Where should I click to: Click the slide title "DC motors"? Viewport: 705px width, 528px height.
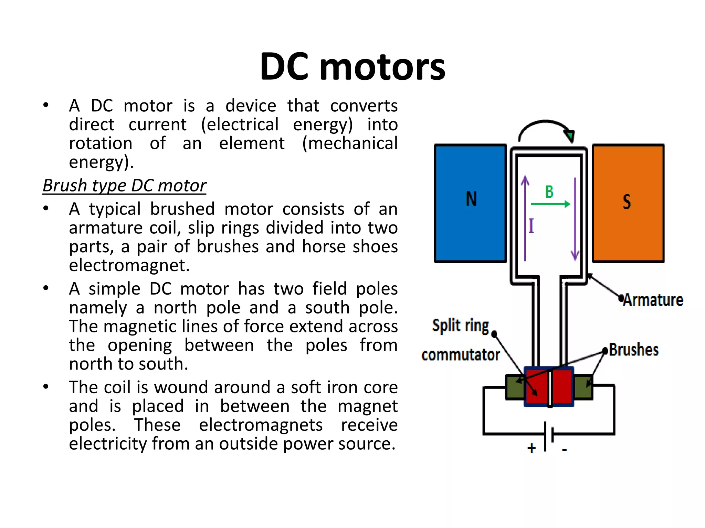coord(352,66)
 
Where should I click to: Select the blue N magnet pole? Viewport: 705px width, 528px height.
coord(470,203)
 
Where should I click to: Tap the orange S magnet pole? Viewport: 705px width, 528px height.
coord(628,203)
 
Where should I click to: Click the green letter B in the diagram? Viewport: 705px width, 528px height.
coord(549,192)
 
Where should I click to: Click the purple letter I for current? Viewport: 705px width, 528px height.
coord(531,226)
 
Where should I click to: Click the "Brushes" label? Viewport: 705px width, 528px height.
coord(634,350)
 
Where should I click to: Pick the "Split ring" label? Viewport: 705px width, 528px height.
coord(461,326)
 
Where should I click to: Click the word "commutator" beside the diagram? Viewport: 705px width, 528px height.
coord(461,355)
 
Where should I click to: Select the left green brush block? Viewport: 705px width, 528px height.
coord(514,387)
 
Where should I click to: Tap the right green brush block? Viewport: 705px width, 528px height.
coord(583,387)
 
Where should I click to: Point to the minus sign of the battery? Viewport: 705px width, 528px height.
coord(564,449)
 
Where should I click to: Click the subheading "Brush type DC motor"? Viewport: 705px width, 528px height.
coord(124,186)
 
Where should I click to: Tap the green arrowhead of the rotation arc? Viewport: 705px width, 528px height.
coord(570,135)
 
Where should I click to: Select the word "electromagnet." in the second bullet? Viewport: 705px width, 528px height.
coord(129,265)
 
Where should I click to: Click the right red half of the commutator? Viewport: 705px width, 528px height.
coord(562,386)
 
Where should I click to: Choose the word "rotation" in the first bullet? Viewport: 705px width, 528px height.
coord(101,143)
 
